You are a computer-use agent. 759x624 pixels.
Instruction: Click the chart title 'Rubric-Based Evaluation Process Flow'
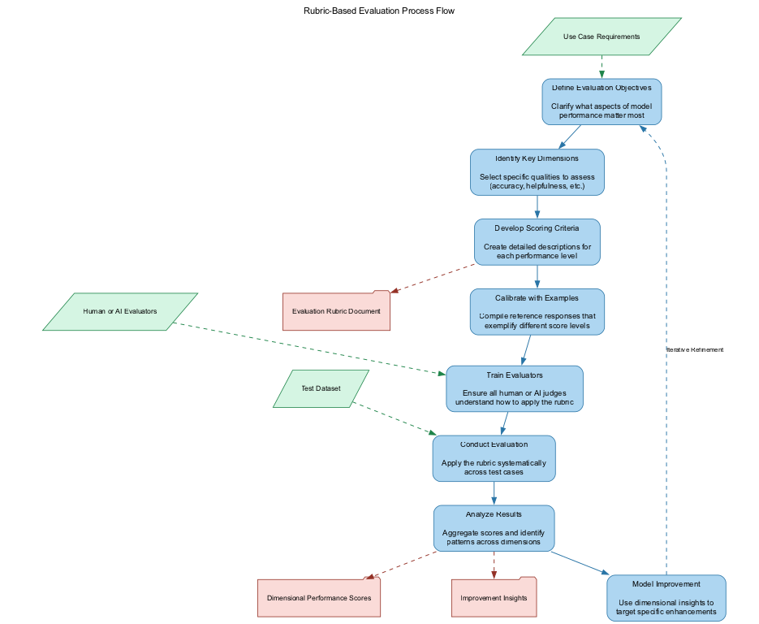(x=379, y=11)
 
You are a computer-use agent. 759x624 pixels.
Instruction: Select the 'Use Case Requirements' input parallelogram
(x=601, y=37)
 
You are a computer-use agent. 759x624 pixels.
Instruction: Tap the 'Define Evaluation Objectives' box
(x=602, y=102)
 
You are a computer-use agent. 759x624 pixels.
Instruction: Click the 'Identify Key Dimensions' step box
(x=537, y=171)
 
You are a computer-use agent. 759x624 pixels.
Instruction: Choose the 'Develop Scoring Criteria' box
(x=537, y=241)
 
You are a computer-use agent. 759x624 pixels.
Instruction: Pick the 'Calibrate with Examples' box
(x=537, y=311)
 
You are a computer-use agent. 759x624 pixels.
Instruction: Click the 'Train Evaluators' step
(x=513, y=388)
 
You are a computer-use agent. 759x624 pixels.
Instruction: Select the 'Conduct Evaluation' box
(x=494, y=458)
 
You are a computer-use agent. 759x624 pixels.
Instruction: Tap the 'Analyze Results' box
(x=494, y=528)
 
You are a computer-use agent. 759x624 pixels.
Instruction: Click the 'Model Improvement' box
(x=665, y=598)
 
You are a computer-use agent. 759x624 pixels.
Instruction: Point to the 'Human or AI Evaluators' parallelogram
(x=120, y=311)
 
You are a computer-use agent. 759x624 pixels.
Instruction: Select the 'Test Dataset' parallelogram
(x=321, y=388)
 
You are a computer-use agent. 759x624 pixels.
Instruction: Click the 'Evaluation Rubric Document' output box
(x=336, y=311)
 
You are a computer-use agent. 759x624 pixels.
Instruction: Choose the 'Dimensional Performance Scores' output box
(x=319, y=598)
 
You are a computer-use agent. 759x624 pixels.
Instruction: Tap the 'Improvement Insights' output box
(x=494, y=598)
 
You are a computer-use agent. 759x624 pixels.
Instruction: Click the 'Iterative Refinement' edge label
(x=694, y=349)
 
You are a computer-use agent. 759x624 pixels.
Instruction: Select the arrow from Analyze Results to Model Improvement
(x=579, y=563)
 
